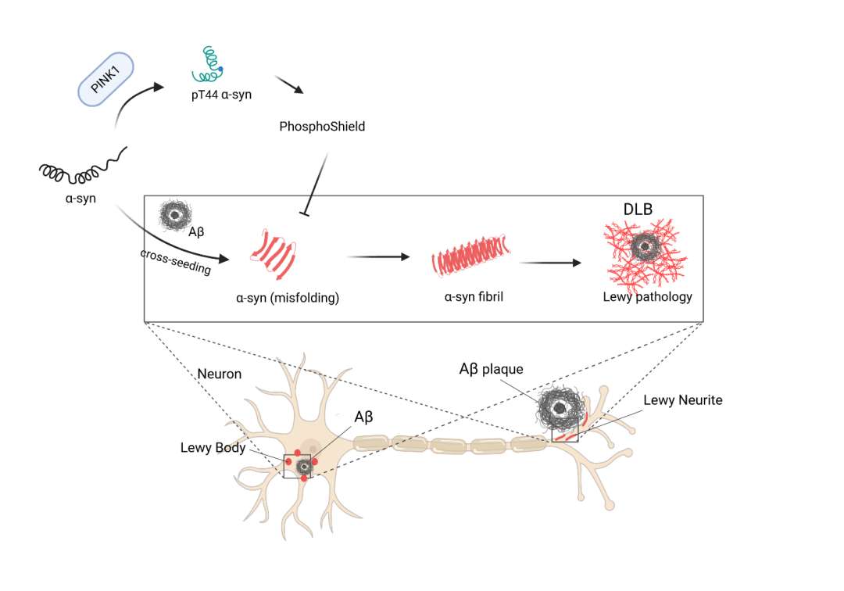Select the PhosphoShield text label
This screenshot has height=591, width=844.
tap(322, 126)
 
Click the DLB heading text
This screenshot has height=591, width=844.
tap(638, 210)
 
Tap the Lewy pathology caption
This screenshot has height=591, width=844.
tap(647, 297)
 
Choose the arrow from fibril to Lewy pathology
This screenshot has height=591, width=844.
tap(550, 263)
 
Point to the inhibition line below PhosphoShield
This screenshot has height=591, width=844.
tap(315, 183)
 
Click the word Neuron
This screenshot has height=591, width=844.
tap(220, 374)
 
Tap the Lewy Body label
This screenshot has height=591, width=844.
tap(213, 448)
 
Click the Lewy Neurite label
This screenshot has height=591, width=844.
tap(682, 400)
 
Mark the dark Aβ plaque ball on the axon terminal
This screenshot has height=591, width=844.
tap(560, 407)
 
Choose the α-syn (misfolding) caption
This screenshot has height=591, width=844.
tap(288, 297)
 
